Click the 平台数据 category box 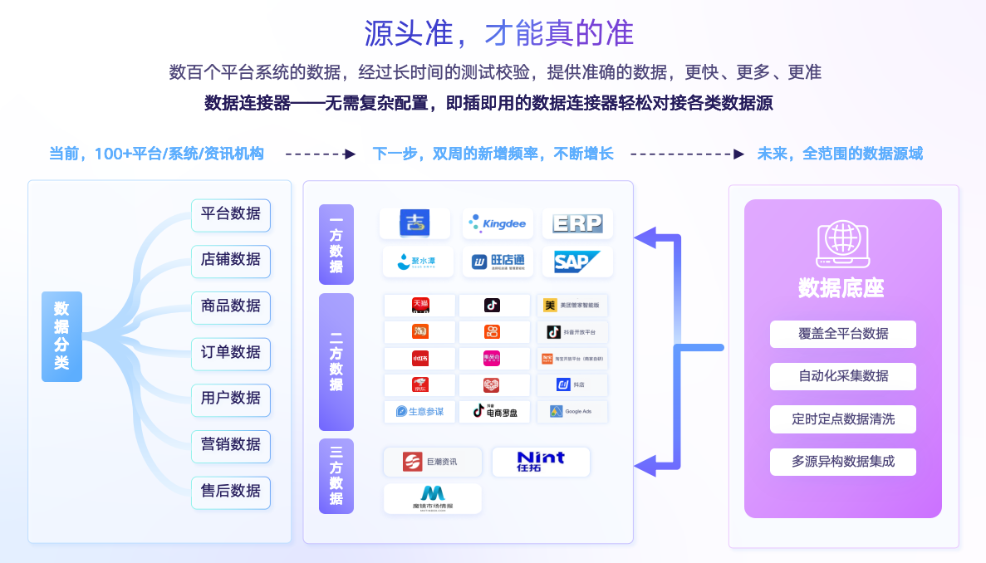pos(230,213)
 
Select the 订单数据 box pos(230,352)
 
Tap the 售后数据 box pos(230,491)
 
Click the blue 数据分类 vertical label pos(61,336)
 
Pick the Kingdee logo pos(497,223)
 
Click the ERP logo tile pos(577,223)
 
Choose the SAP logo pos(577,262)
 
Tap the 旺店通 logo pos(497,262)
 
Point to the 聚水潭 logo pos(418,262)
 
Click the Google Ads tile pos(571,411)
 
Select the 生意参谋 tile pos(419,411)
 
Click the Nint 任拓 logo pos(540,462)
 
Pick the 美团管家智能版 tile pos(571,306)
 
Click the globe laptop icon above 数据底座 pos(841,240)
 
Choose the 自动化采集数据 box pos(842,376)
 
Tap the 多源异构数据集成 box pos(842,462)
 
